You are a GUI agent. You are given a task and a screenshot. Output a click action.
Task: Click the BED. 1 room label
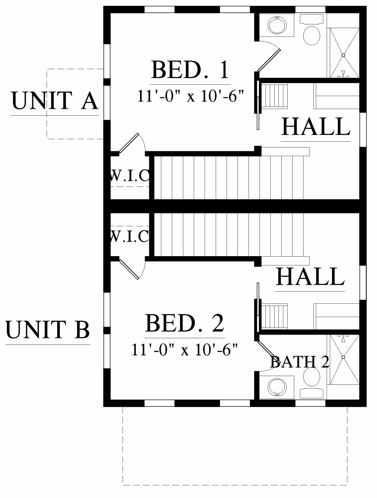(190, 70)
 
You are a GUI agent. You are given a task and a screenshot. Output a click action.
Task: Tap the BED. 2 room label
(185, 323)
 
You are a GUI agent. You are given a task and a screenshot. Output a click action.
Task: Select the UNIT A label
(55, 101)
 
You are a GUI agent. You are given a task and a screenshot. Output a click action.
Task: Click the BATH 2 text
(300, 362)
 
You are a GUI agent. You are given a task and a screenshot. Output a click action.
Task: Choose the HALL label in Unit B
(310, 277)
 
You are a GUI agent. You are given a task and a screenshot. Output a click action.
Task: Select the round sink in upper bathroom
(277, 25)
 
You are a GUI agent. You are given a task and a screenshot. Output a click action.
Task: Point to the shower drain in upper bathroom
(343, 55)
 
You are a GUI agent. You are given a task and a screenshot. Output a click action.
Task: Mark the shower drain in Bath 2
(343, 357)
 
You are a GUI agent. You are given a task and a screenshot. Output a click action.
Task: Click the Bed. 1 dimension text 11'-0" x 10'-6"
(190, 96)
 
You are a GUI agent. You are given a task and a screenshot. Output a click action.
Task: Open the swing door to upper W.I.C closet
(129, 143)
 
